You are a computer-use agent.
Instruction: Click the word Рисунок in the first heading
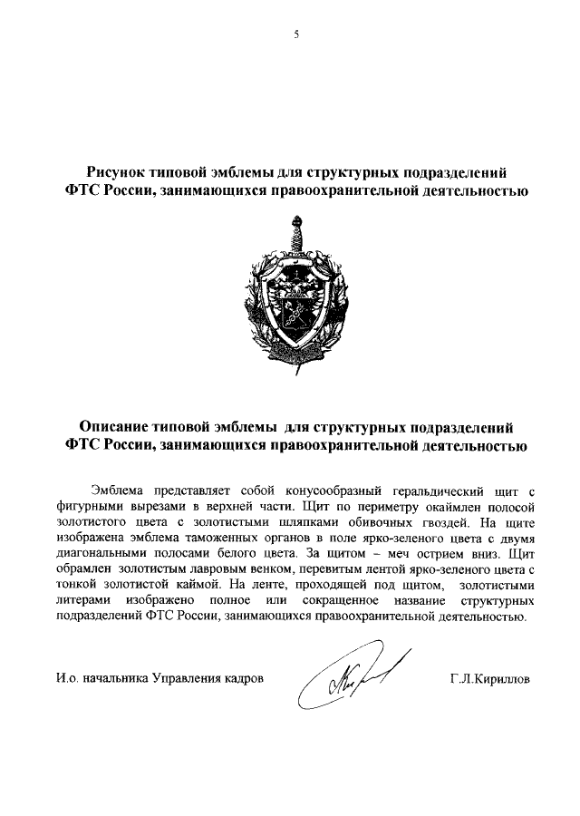pyautogui.click(x=118, y=172)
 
